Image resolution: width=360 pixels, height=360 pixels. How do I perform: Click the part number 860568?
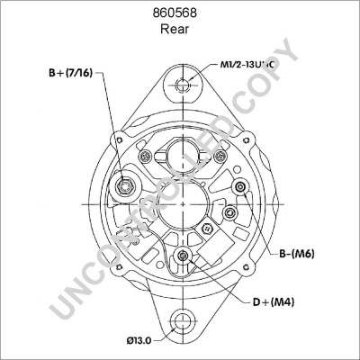(x=180, y=13)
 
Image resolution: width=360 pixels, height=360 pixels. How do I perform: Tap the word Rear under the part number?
(x=180, y=29)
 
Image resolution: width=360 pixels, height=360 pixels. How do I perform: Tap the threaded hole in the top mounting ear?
(x=183, y=86)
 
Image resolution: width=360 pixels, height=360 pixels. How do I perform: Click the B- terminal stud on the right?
(x=240, y=186)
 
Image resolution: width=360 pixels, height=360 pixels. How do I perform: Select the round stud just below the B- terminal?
(x=230, y=212)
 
